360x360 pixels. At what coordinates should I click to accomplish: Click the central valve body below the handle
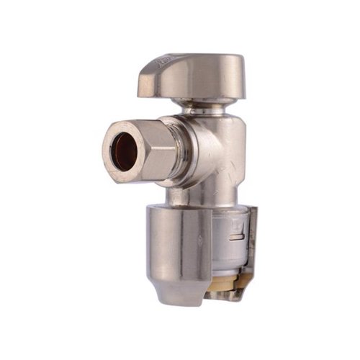(x=220, y=155)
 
